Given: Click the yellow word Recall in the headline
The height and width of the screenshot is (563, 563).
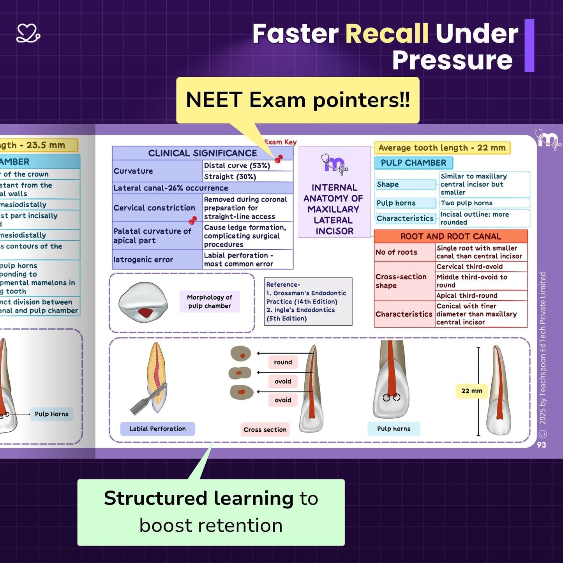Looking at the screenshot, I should [x=387, y=34].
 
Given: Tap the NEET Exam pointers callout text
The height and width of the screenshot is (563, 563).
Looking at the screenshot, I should [x=298, y=100].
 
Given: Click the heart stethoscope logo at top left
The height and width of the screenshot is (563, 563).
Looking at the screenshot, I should [x=28, y=34].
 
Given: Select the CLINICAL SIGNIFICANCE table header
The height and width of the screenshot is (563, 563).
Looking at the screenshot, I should [x=202, y=153].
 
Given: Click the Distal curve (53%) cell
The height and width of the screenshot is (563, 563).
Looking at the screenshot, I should [x=237, y=166].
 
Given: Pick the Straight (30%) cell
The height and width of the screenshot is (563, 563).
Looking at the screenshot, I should [x=230, y=177].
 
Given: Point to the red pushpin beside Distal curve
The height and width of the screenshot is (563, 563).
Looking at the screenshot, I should [x=279, y=159].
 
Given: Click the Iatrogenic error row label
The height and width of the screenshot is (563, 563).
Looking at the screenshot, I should [x=143, y=259].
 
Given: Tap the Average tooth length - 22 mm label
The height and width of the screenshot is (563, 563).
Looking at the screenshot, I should [x=442, y=148].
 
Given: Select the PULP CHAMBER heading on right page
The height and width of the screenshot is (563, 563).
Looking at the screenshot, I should [x=413, y=163].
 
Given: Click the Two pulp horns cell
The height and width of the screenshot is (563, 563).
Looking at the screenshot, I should [x=466, y=203].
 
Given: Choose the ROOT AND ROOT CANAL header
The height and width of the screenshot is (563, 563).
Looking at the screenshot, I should [x=450, y=236].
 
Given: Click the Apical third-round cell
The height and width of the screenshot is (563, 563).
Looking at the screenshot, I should [x=466, y=295].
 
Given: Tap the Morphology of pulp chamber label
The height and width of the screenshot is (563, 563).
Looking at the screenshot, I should [x=209, y=302].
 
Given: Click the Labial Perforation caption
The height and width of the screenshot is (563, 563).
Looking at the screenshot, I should [x=157, y=429].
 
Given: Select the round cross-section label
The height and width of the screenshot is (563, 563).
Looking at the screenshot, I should [x=283, y=362].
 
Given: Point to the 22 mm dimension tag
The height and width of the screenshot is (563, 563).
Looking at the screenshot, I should [x=471, y=391].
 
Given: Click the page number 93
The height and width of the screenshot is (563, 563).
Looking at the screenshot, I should [x=541, y=445].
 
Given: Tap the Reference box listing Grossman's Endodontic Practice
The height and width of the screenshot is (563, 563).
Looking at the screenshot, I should [x=308, y=301].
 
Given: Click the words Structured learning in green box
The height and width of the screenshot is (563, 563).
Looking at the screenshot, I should [x=199, y=498].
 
